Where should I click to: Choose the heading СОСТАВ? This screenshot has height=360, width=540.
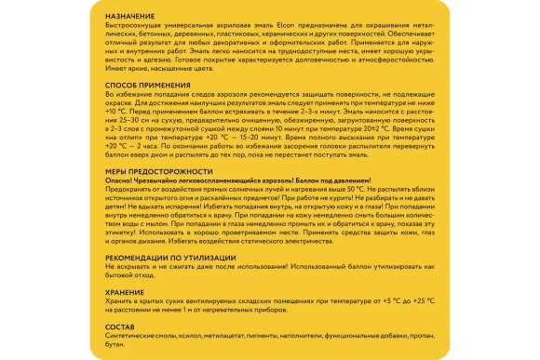point(117,327)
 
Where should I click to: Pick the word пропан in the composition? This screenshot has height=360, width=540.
point(420,335)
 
